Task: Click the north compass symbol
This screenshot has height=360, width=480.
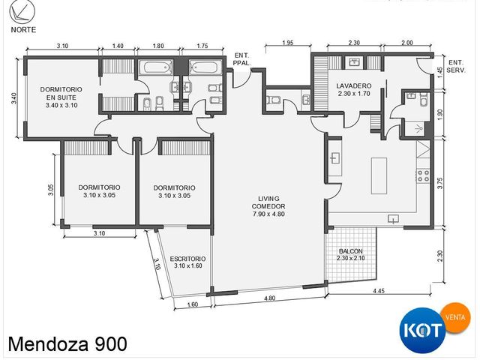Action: (22, 12)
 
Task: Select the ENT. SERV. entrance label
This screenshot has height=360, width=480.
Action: (456, 66)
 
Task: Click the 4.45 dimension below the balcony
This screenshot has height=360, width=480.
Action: (379, 291)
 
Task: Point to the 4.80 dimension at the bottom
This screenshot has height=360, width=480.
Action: (269, 298)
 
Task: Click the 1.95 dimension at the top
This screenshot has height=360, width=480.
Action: (288, 43)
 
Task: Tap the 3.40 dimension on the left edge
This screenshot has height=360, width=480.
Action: (14, 98)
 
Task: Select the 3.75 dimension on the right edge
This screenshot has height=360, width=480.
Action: (440, 183)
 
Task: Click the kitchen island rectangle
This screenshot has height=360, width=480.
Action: (379, 175)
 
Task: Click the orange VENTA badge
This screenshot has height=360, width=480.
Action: (456, 317)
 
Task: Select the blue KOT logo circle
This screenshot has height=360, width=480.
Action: (423, 330)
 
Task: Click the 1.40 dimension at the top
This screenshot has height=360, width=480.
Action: (118, 46)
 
